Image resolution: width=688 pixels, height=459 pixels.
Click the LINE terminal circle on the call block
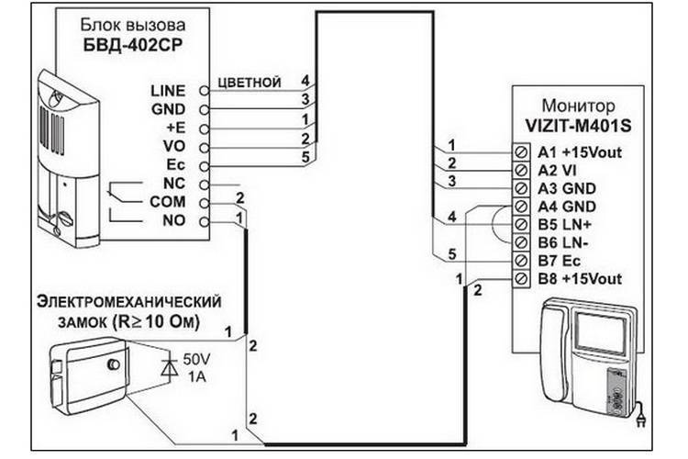pyautogui.click(x=204, y=91)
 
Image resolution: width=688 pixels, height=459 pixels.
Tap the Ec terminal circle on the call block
pyautogui.click(x=204, y=166)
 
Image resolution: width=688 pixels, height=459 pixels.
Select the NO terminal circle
pyautogui.click(x=204, y=222)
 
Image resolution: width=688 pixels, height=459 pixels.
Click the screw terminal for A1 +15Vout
pyautogui.click(x=521, y=152)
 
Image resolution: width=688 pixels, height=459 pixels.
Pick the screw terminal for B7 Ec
pyautogui.click(x=521, y=261)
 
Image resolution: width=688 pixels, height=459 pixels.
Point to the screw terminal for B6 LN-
pyautogui.click(x=521, y=242)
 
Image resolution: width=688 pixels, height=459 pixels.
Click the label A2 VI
pyautogui.click(x=557, y=171)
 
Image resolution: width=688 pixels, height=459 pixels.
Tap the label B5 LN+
pyautogui.click(x=565, y=224)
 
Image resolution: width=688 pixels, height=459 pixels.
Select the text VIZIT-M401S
pyautogui.click(x=578, y=127)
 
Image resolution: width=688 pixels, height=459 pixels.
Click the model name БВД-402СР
pyautogui.click(x=132, y=45)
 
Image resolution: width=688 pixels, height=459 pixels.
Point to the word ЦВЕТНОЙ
pyautogui.click(x=250, y=83)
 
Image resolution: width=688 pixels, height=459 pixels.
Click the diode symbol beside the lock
pyautogui.click(x=169, y=367)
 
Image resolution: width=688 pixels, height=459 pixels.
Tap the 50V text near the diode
pyautogui.click(x=196, y=360)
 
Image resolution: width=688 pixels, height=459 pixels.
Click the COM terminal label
pyautogui.click(x=168, y=202)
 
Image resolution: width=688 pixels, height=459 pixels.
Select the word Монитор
pyautogui.click(x=578, y=106)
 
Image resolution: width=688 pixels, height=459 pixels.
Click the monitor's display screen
pyautogui.click(x=599, y=334)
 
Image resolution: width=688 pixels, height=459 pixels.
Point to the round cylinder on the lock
pyautogui.click(x=113, y=364)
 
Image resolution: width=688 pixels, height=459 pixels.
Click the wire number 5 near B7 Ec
pyautogui.click(x=452, y=254)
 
